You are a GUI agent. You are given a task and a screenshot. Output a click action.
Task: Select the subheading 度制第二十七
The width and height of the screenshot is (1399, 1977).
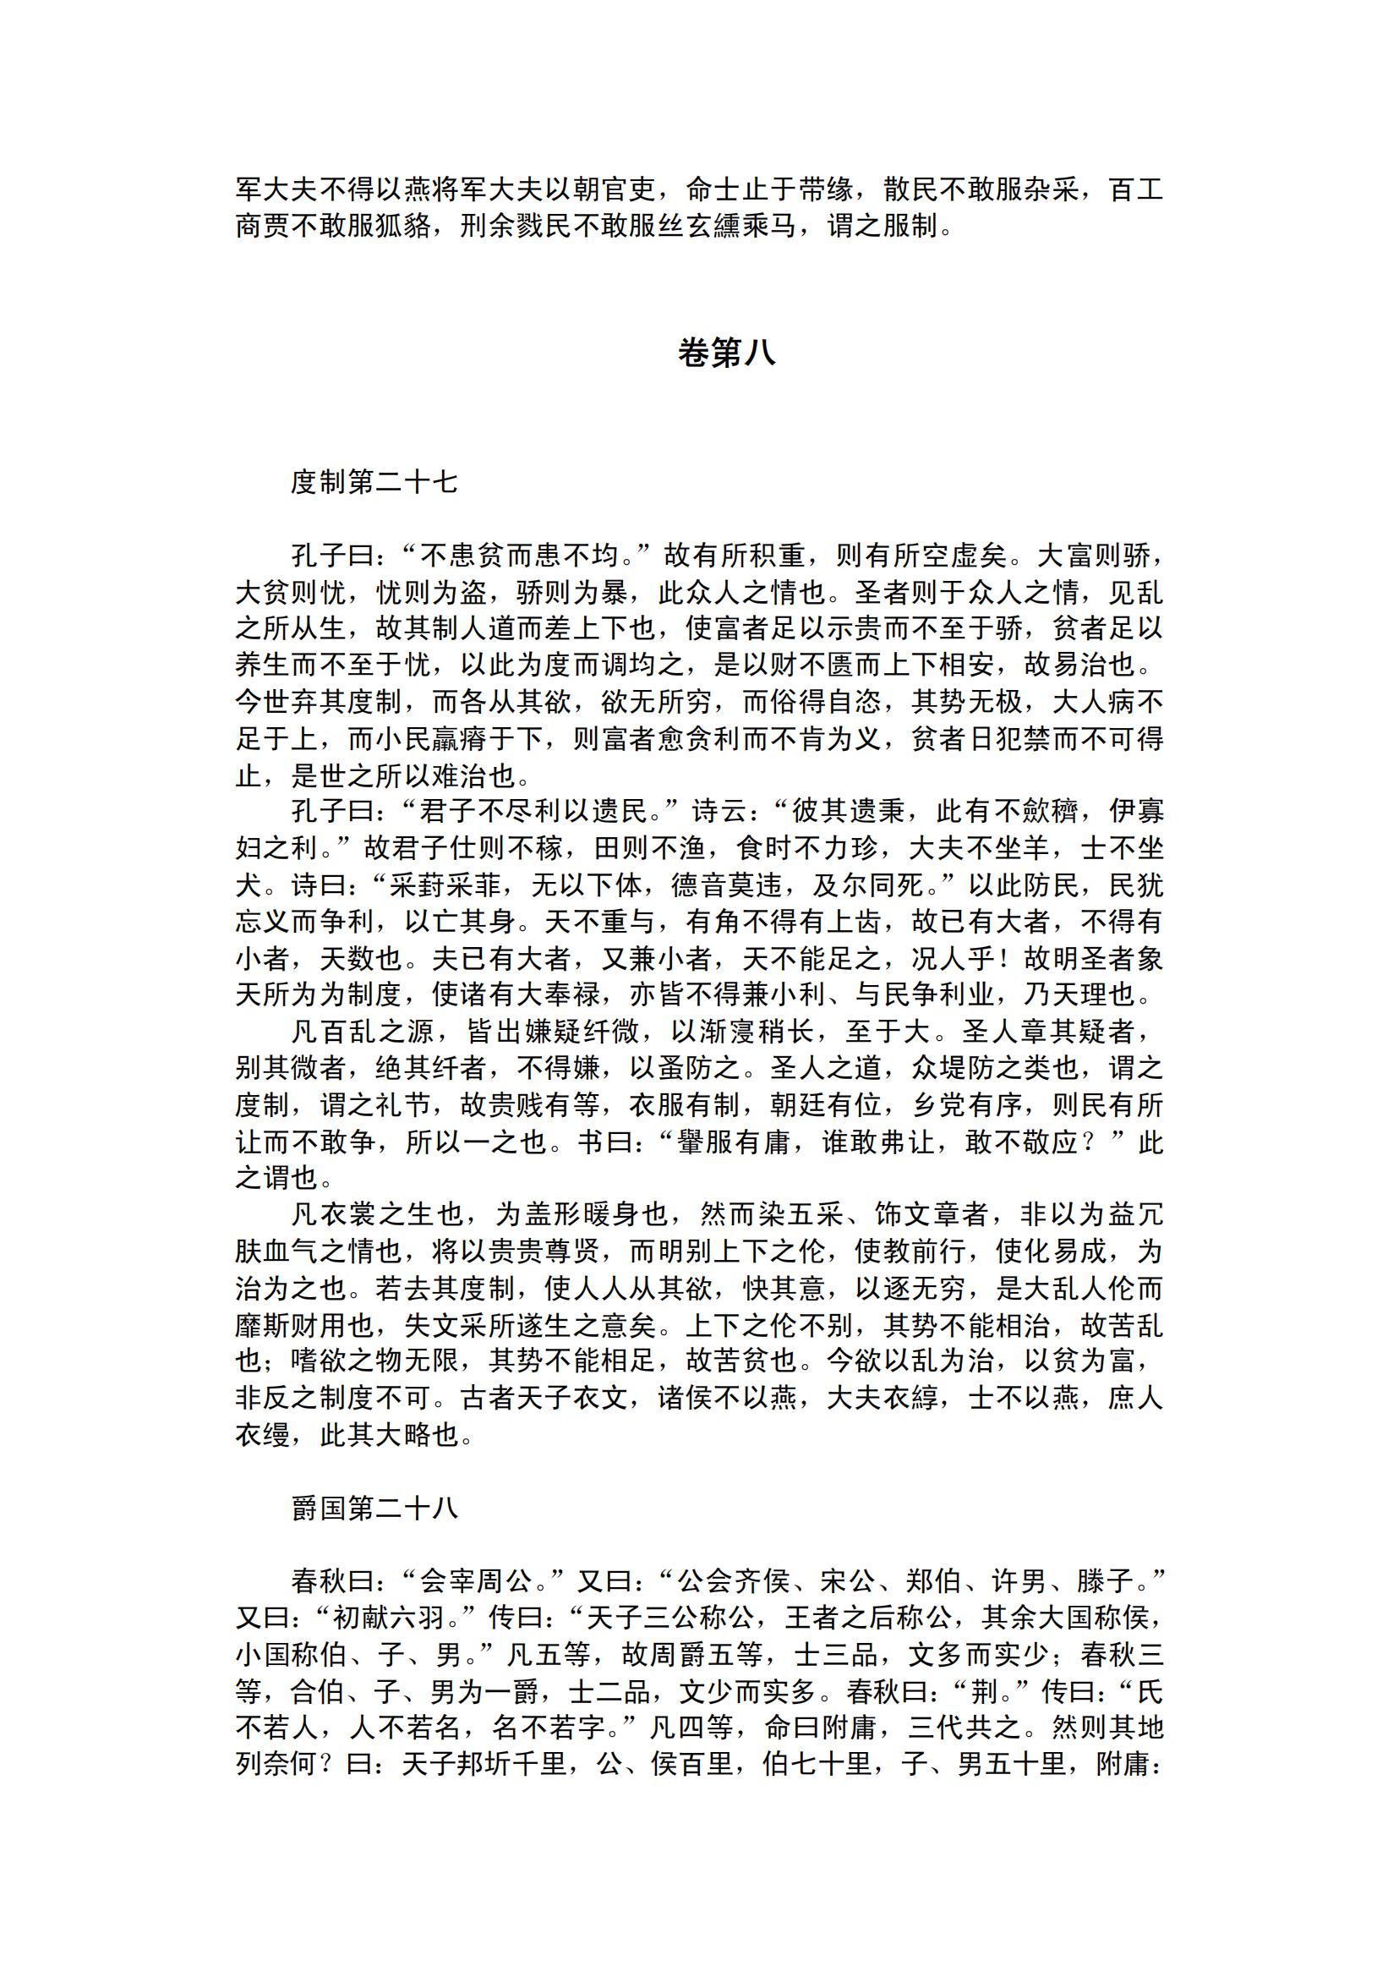(374, 482)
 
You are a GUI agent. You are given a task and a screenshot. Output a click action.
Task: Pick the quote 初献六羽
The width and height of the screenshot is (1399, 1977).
(388, 1618)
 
